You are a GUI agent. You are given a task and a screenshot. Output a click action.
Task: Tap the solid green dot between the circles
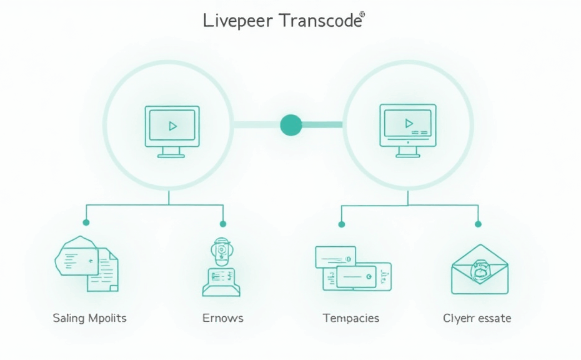coord(290,124)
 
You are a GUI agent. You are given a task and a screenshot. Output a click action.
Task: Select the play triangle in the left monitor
coord(173,126)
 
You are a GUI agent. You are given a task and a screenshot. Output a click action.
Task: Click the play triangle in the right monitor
coord(409,123)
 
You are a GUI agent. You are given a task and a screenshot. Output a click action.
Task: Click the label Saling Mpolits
coord(89,318)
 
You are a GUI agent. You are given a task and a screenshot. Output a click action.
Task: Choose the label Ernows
coord(223,318)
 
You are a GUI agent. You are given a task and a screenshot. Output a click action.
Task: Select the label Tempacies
coord(350,318)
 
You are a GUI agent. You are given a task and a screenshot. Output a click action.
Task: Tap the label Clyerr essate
coord(477,318)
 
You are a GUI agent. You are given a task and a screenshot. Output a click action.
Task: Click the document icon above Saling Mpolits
coord(87,263)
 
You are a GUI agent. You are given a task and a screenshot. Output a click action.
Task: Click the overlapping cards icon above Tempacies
coord(352,268)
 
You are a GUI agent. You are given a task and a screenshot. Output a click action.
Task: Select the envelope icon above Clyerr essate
coord(479,269)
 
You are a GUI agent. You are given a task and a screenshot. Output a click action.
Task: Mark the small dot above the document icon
coord(86,222)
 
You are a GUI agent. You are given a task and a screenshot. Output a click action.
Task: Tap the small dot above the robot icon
coord(222,222)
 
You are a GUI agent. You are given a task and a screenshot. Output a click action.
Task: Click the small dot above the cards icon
coord(341,223)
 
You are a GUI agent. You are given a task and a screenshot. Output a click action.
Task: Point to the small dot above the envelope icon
coord(478,223)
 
